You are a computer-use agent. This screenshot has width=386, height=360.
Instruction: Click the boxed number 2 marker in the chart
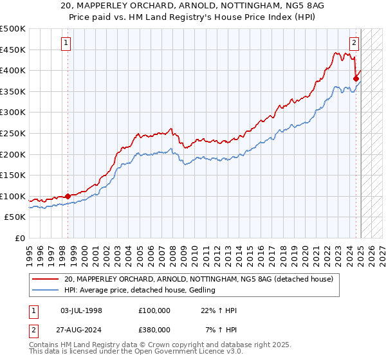point(354,43)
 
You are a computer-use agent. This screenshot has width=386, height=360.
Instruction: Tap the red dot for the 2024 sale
point(356,79)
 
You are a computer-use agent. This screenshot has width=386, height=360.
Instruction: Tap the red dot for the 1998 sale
point(68,196)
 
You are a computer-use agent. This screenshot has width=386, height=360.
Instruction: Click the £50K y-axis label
point(15,217)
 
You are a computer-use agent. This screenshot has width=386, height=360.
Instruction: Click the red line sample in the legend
point(46,280)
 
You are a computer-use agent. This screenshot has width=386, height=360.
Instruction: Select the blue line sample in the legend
point(46,291)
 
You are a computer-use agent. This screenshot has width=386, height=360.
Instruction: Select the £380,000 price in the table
point(154,329)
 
